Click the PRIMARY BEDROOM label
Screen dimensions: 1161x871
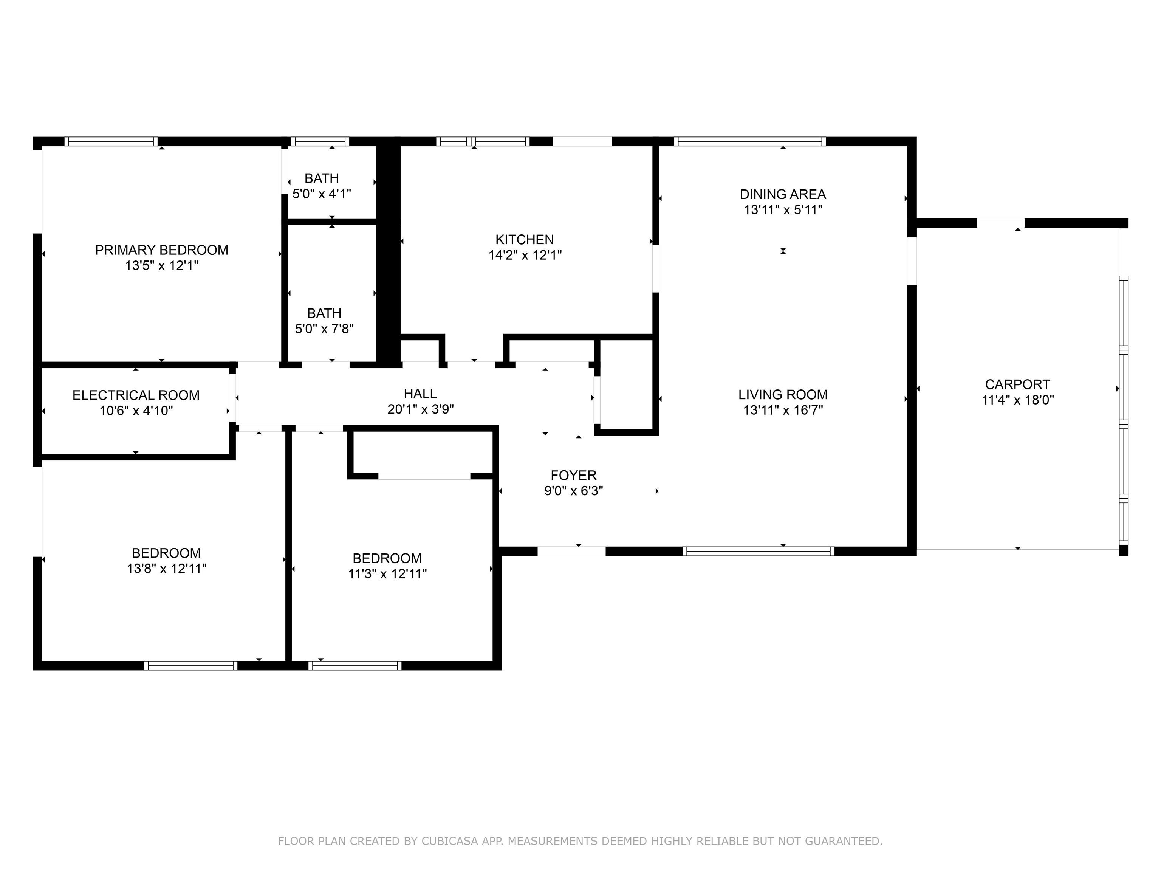point(162,250)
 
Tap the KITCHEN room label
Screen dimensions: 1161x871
point(525,239)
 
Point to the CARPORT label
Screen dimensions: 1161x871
point(1018,384)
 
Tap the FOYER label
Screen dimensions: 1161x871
point(574,475)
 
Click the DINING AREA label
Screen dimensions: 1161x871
point(783,194)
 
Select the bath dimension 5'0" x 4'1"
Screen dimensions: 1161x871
point(322,194)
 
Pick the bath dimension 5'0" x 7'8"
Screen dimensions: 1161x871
point(324,329)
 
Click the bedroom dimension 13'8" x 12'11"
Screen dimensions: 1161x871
point(166,569)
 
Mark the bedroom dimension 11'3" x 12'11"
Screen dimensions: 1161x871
point(387,574)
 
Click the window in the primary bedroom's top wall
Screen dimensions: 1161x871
point(111,141)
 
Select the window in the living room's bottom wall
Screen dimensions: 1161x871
point(759,551)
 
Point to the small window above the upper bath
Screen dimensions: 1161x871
point(320,141)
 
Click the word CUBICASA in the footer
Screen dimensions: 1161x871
point(450,841)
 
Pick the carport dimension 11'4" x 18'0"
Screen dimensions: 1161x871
point(1018,400)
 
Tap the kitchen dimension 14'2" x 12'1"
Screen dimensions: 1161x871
point(525,255)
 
